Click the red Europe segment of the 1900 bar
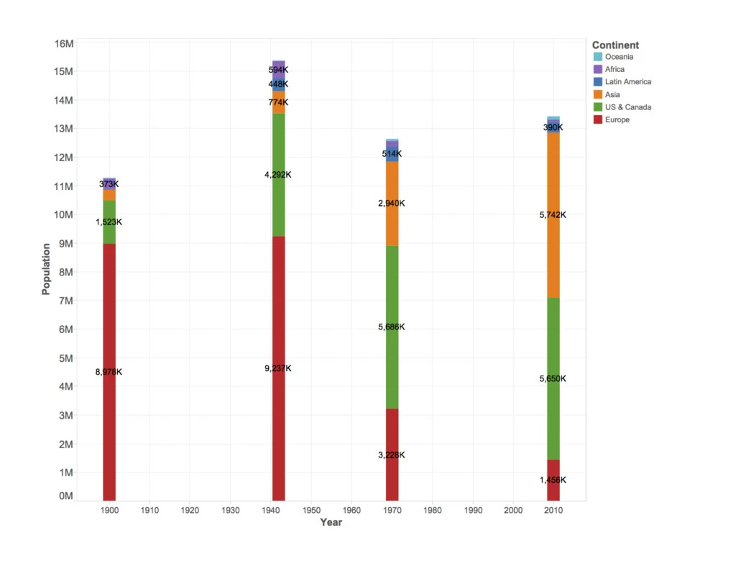(109, 372)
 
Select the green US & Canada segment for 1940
(278, 175)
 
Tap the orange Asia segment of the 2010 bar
(553, 215)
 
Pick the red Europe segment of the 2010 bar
(553, 480)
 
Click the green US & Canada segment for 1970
(392, 327)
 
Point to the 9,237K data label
(278, 368)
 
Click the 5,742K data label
(553, 215)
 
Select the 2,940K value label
(392, 203)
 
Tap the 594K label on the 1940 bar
(278, 70)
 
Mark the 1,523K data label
(109, 222)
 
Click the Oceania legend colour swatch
(597, 57)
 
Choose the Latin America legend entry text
(628, 82)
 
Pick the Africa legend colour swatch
(597, 69)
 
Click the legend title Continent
(615, 45)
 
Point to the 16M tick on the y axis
(64, 44)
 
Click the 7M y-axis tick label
(66, 301)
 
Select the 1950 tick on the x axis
(311, 510)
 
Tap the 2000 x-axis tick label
(513, 510)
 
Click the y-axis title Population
(46, 269)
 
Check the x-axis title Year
(331, 522)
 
